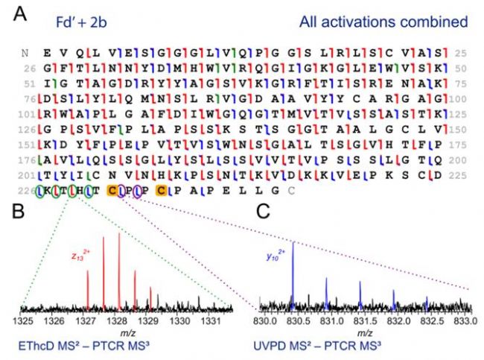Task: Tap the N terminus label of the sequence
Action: (26, 52)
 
